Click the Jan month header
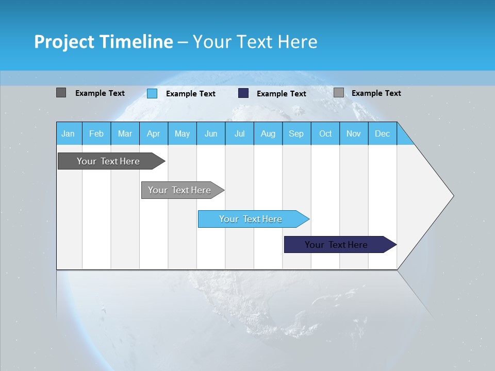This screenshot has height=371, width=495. point(68,134)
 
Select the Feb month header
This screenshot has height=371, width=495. point(96,134)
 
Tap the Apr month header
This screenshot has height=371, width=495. point(153,134)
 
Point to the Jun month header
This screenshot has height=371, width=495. point(211,134)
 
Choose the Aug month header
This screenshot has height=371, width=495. point(268,134)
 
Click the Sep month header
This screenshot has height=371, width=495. point(296,134)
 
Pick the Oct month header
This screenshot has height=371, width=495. point(325,134)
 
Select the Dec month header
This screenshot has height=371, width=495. point(382,134)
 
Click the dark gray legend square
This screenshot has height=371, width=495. point(61,93)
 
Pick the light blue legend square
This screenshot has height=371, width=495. point(152,93)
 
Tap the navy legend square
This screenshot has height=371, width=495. point(243,93)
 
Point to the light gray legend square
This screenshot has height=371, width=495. point(338,93)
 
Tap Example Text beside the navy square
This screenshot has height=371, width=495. point(281,94)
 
